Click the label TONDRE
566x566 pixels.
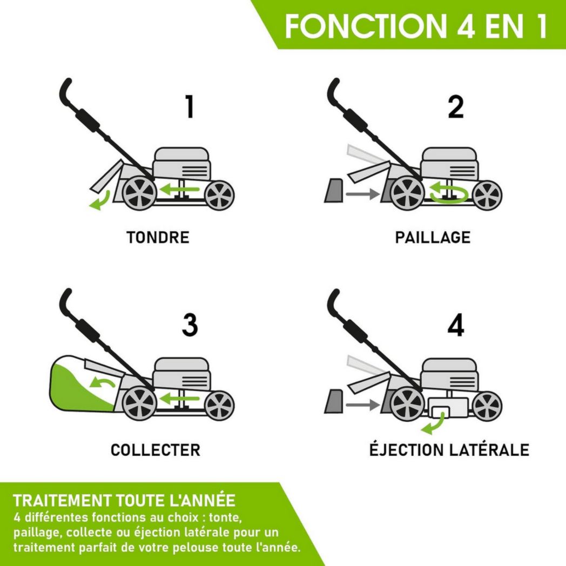pyautogui.click(x=158, y=238)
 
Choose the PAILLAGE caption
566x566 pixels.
pyautogui.click(x=433, y=238)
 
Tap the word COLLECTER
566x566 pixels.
pyautogui.click(x=156, y=450)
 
